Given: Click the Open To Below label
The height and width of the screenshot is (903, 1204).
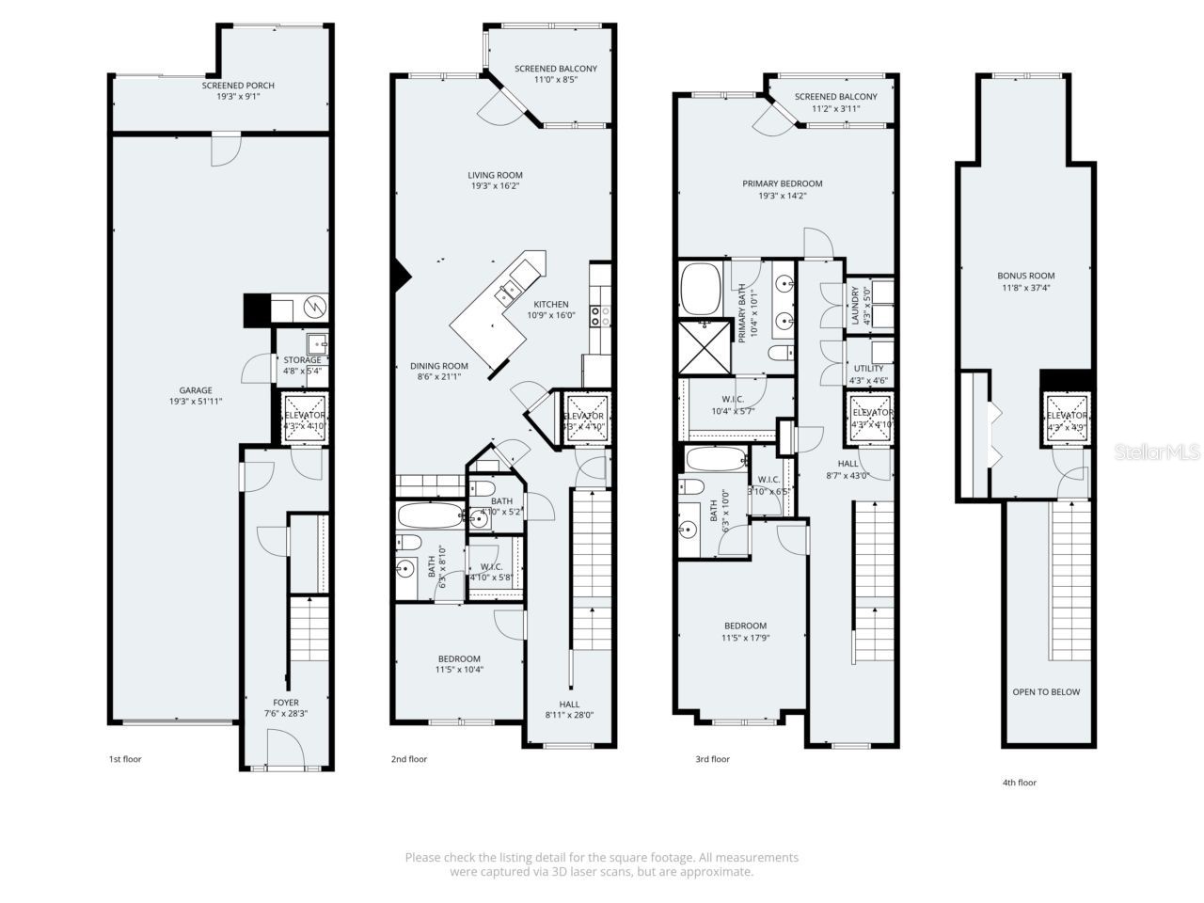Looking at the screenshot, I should (1046, 692).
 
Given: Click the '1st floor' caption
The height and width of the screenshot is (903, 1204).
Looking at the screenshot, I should (125, 759).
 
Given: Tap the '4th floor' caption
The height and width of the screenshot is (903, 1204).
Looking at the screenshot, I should (1020, 783).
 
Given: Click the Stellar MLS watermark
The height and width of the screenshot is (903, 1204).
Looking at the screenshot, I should (1156, 452).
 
